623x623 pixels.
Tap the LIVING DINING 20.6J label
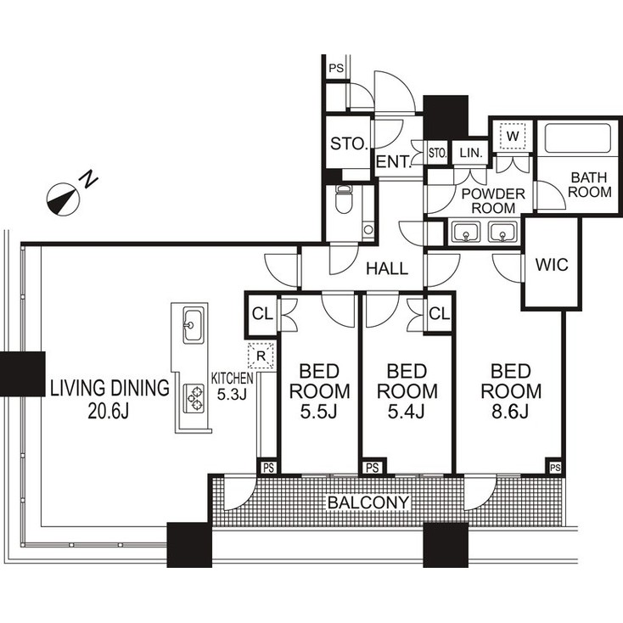click(x=109, y=400)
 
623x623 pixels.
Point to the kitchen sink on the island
click(x=193, y=323)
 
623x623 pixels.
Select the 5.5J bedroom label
click(x=319, y=391)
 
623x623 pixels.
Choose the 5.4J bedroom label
click(x=407, y=391)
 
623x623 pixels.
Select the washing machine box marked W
click(x=513, y=135)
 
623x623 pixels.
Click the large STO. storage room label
click(x=348, y=143)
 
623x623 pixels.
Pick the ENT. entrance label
click(x=393, y=162)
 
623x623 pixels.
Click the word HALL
click(x=387, y=269)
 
